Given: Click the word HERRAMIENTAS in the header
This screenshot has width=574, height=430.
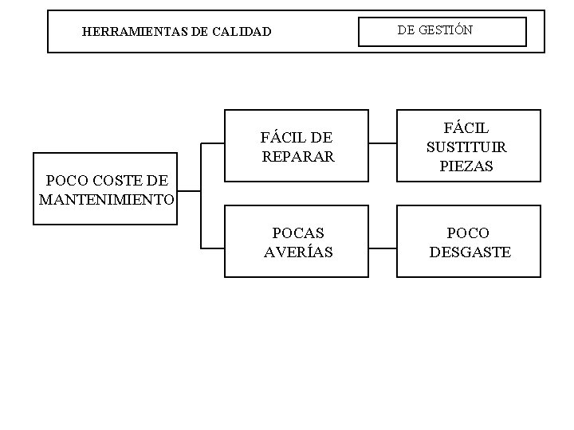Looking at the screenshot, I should point(127,33).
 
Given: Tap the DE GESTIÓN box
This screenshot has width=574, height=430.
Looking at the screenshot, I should point(442,32).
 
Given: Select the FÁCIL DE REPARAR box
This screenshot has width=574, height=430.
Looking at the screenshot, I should point(297,147).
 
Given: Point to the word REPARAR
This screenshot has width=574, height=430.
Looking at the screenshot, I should point(298,157).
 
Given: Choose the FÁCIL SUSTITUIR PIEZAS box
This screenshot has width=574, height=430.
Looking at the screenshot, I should point(468,147).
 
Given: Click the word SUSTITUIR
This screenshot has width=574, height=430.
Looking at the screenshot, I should point(466,147).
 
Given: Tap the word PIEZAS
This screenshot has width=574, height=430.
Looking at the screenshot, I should point(466,166).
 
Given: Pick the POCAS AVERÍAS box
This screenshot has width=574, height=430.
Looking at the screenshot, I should point(297,242).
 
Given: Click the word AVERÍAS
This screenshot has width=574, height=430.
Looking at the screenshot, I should point(298,252).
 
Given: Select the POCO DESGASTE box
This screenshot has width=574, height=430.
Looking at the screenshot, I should point(468,242).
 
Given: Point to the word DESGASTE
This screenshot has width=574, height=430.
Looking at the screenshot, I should point(470,252).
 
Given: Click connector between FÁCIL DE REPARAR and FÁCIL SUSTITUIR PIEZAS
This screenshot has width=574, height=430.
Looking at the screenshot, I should point(383,145).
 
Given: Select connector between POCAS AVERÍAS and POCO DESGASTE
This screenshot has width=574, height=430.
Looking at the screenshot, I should point(383,249).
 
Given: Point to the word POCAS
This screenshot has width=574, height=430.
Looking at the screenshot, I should point(298,233).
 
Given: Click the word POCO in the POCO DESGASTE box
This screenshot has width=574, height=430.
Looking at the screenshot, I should point(469,233).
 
